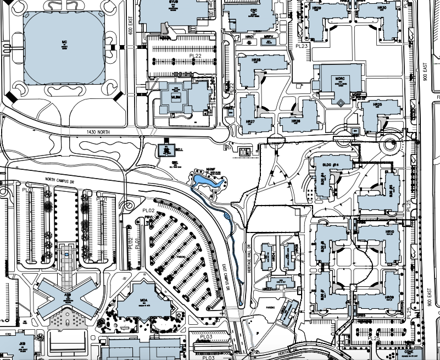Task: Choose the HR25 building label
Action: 377,104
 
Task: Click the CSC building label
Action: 254,10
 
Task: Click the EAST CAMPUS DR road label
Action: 231,275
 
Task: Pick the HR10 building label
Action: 390,232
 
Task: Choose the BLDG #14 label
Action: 331,164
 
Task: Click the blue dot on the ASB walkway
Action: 66,255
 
